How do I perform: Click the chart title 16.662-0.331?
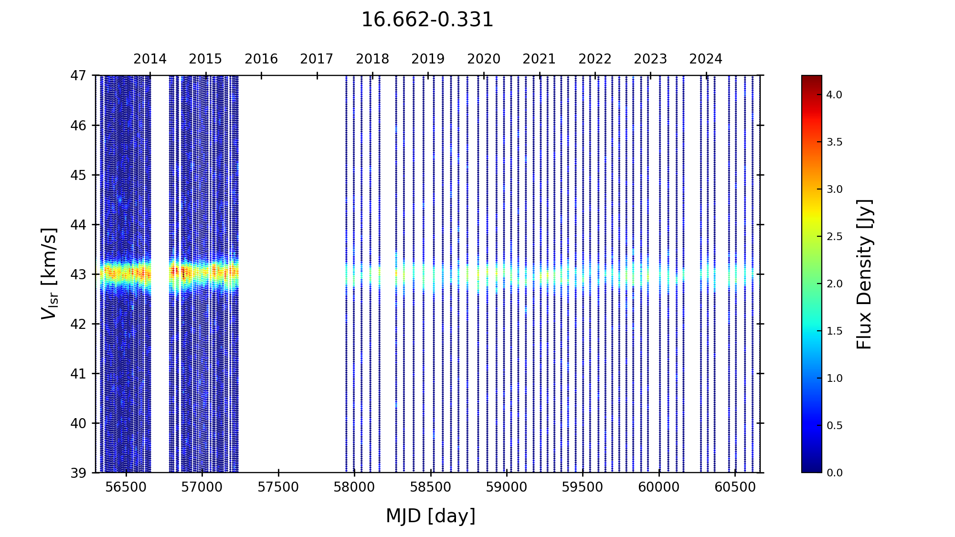pyautogui.click(x=427, y=20)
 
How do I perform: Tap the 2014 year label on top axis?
pyautogui.click(x=150, y=59)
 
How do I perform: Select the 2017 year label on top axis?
pyautogui.click(x=317, y=59)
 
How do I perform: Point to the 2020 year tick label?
pyautogui.click(x=484, y=59)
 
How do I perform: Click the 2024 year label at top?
pyautogui.click(x=706, y=59)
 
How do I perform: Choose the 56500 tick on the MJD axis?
pyautogui.click(x=126, y=487)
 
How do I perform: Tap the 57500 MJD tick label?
pyautogui.click(x=278, y=487)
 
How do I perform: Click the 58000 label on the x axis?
pyautogui.click(x=354, y=487)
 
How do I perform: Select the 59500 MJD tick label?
pyautogui.click(x=583, y=487)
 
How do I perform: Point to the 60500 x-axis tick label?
pyautogui.click(x=735, y=487)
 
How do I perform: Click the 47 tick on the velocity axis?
pyautogui.click(x=78, y=75)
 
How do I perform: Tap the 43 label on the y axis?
pyautogui.click(x=78, y=274)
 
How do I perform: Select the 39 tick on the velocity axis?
pyautogui.click(x=78, y=473)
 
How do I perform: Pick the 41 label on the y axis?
pyautogui.click(x=78, y=374)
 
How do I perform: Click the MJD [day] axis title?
pyautogui.click(x=431, y=516)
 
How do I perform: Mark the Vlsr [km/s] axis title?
pyautogui.click(x=49, y=274)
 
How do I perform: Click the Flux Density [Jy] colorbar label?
pyautogui.click(x=865, y=274)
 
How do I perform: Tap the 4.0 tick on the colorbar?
pyautogui.click(x=834, y=95)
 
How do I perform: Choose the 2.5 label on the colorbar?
pyautogui.click(x=834, y=237)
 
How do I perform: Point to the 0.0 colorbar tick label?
pyautogui.click(x=834, y=473)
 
